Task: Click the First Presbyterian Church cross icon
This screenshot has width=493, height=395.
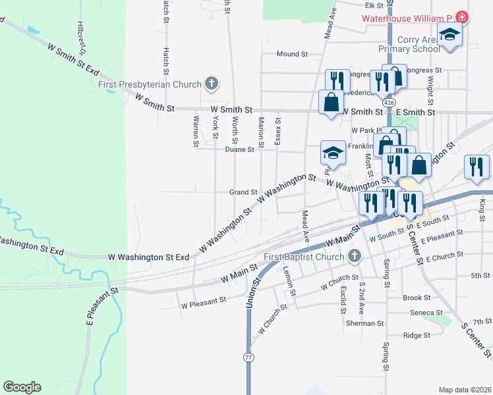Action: [211, 84]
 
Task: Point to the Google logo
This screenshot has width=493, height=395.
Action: [22, 387]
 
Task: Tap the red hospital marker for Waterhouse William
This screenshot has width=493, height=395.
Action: [462, 18]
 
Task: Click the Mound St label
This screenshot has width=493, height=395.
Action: [293, 54]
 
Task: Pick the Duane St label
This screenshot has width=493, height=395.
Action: [239, 150]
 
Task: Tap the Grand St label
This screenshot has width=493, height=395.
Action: [243, 192]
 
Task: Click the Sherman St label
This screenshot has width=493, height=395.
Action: [364, 323]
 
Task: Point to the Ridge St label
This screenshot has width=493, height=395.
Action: [417, 335]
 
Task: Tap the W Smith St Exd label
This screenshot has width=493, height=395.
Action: [72, 58]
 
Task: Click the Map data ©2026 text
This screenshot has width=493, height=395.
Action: [464, 390]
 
